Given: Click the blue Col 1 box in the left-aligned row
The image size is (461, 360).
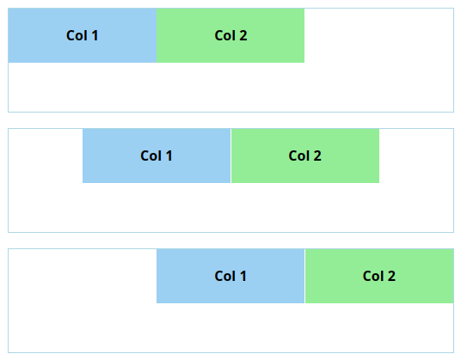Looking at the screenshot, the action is coord(83,35).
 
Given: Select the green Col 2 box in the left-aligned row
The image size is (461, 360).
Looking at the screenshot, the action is coord(230,35).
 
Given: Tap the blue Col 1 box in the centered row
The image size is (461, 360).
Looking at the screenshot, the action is coord(157,156).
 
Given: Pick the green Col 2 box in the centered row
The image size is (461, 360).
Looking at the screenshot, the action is coord(305,156).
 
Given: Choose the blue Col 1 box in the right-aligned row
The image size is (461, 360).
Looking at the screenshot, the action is coord(230,276).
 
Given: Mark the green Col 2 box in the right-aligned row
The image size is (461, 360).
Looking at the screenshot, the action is coord(379,276).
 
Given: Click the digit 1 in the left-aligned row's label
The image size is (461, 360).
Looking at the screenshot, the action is coord(95,36).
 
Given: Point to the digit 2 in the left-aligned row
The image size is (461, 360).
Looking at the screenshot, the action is coord(243,36).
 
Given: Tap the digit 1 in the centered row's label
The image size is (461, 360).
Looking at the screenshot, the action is coord(169,156).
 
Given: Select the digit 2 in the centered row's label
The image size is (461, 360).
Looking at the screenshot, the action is coord(317,156).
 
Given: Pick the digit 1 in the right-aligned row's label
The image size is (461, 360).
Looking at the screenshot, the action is coord(243,277).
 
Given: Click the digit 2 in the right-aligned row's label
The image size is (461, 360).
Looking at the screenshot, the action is coord(391,277).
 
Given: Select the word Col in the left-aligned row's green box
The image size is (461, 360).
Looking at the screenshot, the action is coord(225,36).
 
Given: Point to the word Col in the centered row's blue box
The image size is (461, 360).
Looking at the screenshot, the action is coord(151,156).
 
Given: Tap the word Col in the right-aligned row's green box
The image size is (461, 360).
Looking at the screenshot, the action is coord(373,277).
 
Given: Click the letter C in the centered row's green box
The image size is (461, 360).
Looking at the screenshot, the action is coord(293,156).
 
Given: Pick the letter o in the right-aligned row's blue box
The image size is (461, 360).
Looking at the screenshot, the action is coord(230,278).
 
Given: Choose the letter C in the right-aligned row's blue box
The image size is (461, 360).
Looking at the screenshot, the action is coord(219,277).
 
